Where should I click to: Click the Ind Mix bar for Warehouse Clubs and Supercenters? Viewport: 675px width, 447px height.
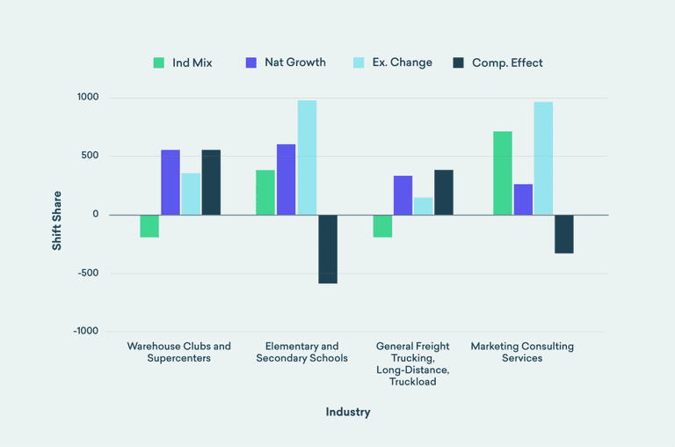(x=149, y=226)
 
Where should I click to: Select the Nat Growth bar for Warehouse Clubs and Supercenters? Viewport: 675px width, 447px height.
(x=171, y=182)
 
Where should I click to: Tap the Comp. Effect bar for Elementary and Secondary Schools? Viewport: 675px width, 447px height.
(x=328, y=249)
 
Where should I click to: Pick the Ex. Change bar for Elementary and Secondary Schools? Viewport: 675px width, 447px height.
(x=307, y=158)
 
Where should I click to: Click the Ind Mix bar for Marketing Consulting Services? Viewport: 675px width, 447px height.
(x=503, y=173)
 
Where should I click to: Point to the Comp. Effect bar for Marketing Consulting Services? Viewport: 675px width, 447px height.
(x=564, y=234)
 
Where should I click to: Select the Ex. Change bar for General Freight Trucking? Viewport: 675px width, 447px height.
(x=424, y=206)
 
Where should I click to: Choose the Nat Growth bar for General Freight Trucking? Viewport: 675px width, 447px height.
(x=403, y=195)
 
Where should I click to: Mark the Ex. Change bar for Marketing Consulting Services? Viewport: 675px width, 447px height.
(x=543, y=158)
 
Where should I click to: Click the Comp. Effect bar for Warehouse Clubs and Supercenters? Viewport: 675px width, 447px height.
(x=211, y=182)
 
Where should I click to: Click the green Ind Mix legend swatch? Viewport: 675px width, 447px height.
(x=159, y=62)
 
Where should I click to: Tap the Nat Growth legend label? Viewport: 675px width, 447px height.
(x=294, y=62)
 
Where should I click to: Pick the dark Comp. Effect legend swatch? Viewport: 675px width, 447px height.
(x=459, y=62)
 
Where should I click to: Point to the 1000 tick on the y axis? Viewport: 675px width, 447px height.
(x=86, y=98)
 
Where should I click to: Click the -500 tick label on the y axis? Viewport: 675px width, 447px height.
(x=86, y=273)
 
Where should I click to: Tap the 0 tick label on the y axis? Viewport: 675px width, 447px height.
(x=95, y=215)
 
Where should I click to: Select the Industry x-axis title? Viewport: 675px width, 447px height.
(x=348, y=412)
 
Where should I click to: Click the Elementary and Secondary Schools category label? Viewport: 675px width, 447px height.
(x=301, y=352)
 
